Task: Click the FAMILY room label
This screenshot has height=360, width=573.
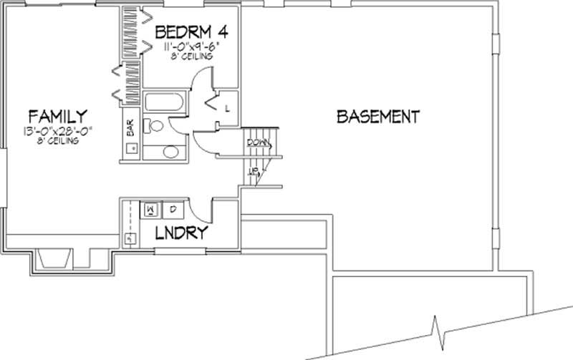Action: tap(57, 116)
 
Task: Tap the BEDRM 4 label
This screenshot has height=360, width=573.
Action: tap(186, 32)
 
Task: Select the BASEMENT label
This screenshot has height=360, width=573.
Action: tap(377, 116)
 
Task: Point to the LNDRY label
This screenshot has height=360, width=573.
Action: tap(183, 233)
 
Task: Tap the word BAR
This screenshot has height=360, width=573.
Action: tap(131, 128)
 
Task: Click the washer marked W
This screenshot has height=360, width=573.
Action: tap(152, 209)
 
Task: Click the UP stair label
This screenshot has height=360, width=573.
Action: tap(253, 171)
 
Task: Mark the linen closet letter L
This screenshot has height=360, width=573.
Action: tap(227, 109)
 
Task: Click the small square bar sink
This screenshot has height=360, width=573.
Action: tap(131, 149)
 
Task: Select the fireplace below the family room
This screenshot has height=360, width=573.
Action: tap(54, 259)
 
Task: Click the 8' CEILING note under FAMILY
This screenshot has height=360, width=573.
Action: tap(59, 141)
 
